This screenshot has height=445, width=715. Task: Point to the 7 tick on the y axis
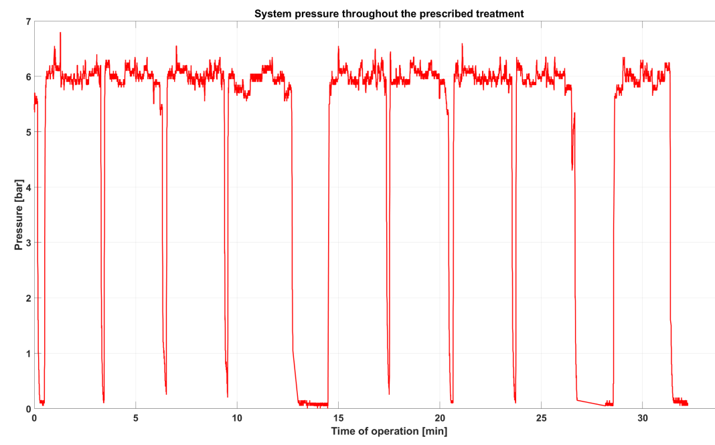click(27, 21)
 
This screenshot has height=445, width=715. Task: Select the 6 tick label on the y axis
click(27, 77)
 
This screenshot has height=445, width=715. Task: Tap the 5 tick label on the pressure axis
click(27, 132)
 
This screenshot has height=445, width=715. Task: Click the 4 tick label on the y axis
click(27, 188)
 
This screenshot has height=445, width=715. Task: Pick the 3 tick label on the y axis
click(27, 243)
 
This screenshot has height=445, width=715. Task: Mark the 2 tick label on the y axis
click(27, 298)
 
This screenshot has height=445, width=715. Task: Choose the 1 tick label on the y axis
click(27, 353)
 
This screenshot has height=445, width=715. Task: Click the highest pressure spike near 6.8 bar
click(60, 33)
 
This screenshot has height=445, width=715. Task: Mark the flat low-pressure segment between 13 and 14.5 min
click(313, 404)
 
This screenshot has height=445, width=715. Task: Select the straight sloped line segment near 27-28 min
click(592, 402)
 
